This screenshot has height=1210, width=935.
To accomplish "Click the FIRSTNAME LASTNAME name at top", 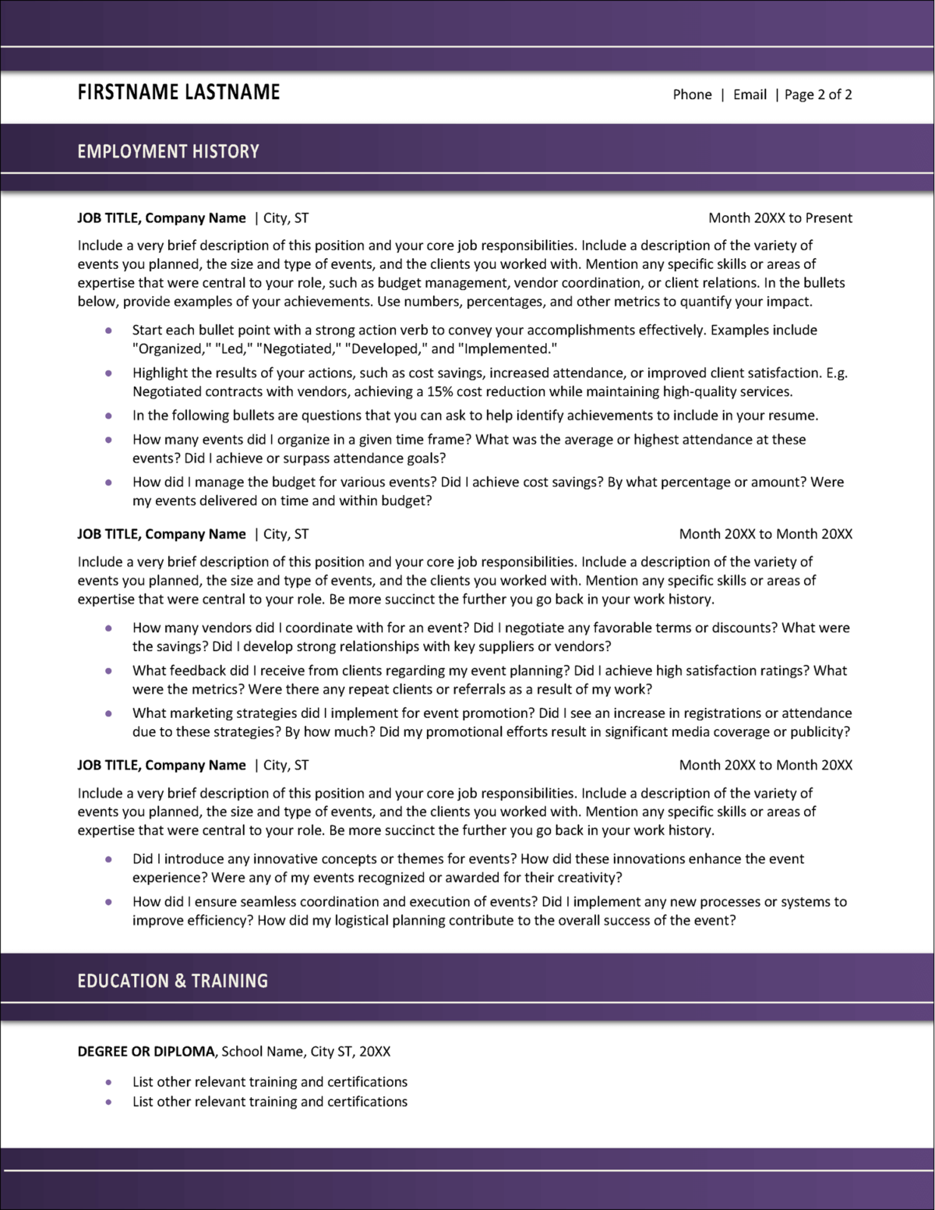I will point(178,92).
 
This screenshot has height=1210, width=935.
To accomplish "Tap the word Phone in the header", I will point(692,94).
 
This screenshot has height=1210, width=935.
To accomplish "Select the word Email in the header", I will point(750,94).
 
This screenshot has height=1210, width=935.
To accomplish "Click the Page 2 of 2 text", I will point(817,94).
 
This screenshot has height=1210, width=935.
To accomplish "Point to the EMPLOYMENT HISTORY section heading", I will point(168,151).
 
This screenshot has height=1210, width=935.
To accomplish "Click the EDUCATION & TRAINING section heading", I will point(172,981).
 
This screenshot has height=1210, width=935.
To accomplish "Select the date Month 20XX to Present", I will point(780,218).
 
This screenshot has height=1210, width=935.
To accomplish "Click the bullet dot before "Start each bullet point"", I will point(108,331).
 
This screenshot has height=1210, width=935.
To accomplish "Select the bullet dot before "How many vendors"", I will point(108,628).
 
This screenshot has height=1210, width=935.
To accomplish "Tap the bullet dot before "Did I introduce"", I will point(108,859).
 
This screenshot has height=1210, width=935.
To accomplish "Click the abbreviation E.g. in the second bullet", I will point(837,373).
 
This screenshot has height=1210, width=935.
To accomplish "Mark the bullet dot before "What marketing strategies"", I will point(108,713).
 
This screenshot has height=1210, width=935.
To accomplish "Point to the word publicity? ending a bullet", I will point(820,732).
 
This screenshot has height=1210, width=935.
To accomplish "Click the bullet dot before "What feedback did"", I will point(108,670).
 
